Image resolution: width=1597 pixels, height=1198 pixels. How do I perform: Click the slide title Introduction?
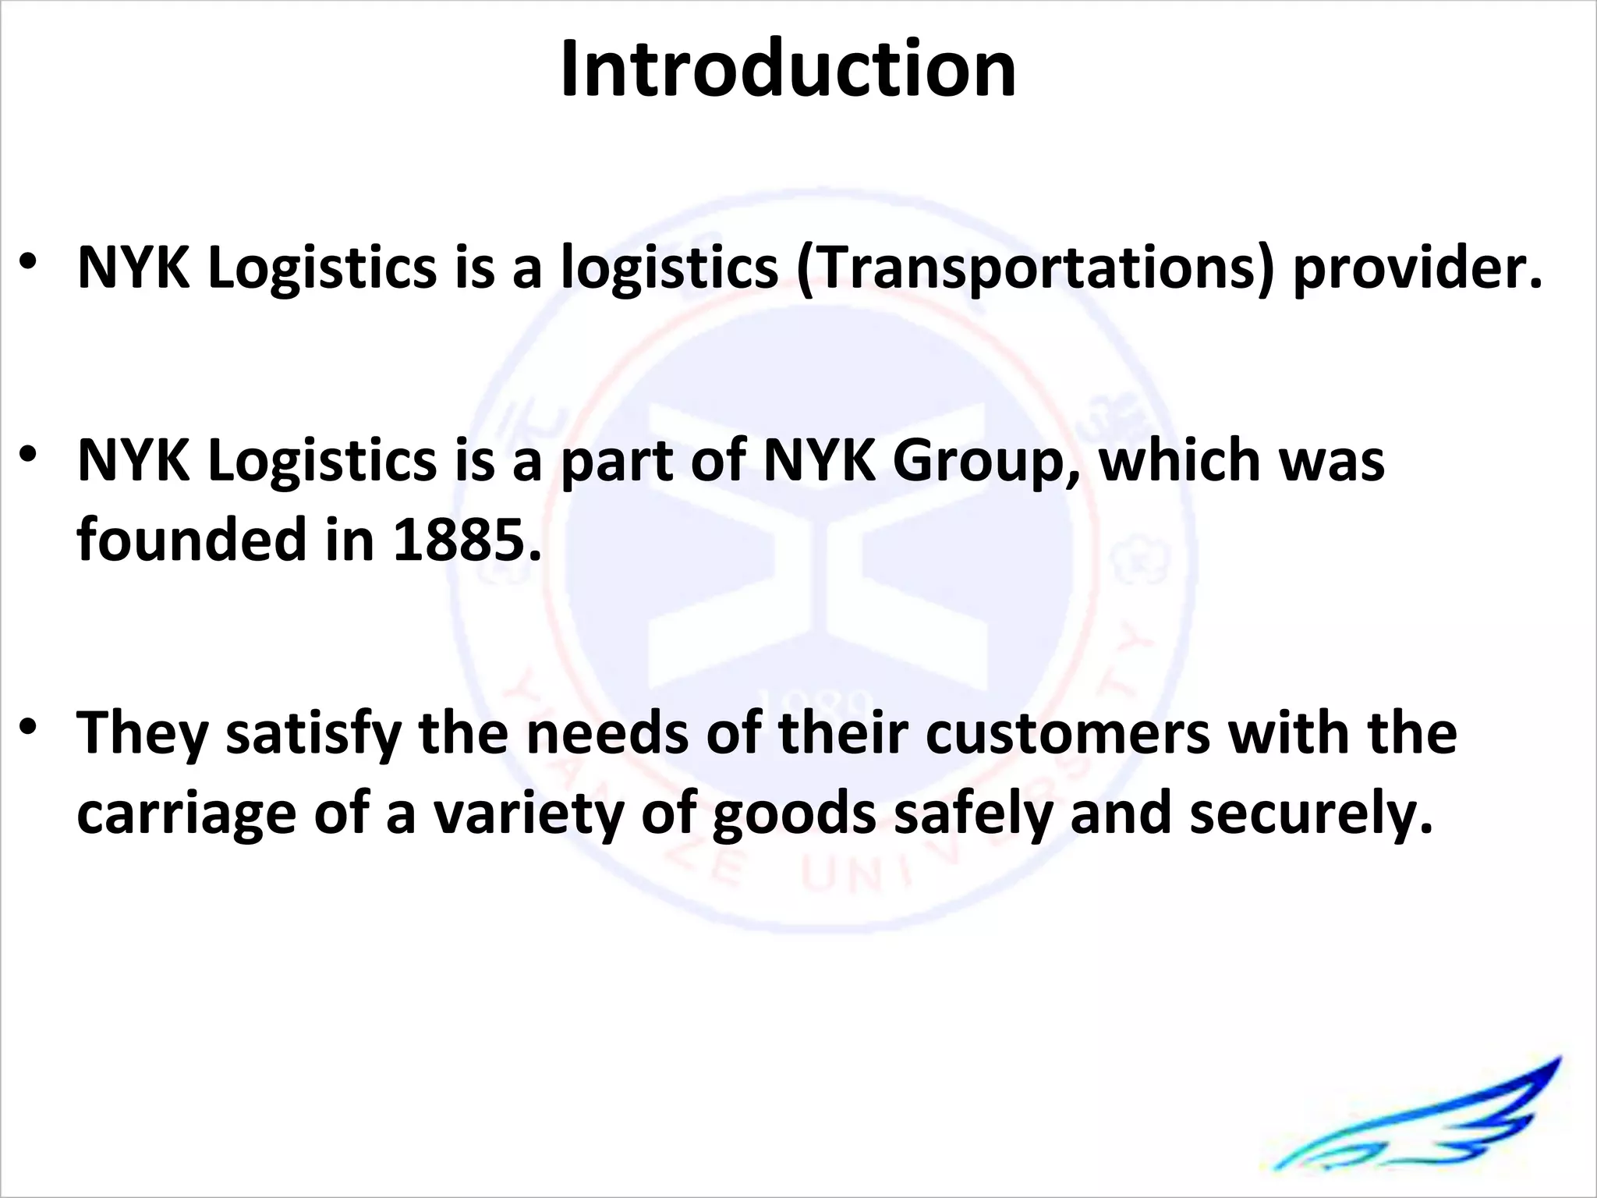pyautogui.click(x=788, y=70)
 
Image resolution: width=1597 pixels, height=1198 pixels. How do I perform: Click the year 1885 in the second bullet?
pyautogui.click(x=466, y=540)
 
